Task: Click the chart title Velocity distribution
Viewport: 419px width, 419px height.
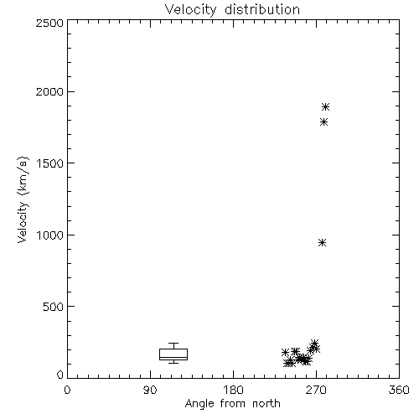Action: [x=232, y=10]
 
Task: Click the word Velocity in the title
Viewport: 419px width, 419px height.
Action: [x=190, y=10]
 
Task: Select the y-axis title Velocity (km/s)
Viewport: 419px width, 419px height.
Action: [x=23, y=199]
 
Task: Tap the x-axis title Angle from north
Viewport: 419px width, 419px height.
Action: [x=232, y=404]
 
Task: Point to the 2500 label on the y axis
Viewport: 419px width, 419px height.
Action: [x=49, y=23]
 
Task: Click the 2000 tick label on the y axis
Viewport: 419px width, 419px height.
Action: [x=49, y=92]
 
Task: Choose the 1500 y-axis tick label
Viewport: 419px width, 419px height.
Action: [x=50, y=163]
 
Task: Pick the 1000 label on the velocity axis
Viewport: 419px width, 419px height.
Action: [x=50, y=235]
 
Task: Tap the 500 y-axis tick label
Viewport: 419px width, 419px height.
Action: [x=54, y=307]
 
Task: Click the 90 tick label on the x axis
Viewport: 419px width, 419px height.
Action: [x=150, y=390]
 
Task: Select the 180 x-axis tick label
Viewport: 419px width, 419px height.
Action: [x=233, y=390]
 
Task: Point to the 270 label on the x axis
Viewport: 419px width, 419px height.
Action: [x=316, y=390]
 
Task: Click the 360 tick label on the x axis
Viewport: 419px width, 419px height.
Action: [x=399, y=390]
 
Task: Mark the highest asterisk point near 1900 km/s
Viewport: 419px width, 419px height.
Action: [x=325, y=106]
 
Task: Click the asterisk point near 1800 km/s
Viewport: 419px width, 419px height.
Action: [x=323, y=122]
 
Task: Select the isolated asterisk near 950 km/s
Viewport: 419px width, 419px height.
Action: [x=323, y=242]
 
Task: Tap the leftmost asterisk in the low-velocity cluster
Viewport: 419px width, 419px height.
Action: [x=285, y=352]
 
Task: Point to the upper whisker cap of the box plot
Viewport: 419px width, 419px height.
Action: [x=173, y=344]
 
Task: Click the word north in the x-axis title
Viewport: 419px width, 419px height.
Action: [x=266, y=404]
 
